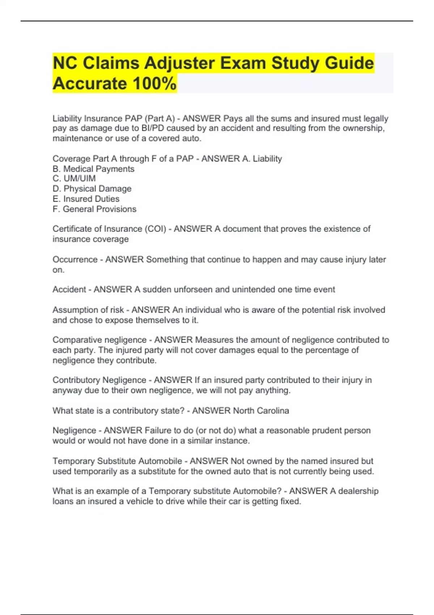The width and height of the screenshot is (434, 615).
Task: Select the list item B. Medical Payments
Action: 93,169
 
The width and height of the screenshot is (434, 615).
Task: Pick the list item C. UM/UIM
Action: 74,179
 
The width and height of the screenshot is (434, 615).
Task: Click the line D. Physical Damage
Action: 92,189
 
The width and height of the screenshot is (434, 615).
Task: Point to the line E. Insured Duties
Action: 86,199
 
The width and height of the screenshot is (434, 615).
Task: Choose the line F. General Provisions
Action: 94,209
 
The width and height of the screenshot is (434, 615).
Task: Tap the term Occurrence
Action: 75,260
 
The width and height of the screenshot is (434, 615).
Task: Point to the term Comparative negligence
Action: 99,340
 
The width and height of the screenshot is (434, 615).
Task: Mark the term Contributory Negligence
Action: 99,380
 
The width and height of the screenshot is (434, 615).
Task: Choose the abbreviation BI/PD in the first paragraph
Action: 153,128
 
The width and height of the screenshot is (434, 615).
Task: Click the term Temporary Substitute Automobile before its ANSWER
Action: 117,461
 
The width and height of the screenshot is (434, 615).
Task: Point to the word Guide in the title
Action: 349,63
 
